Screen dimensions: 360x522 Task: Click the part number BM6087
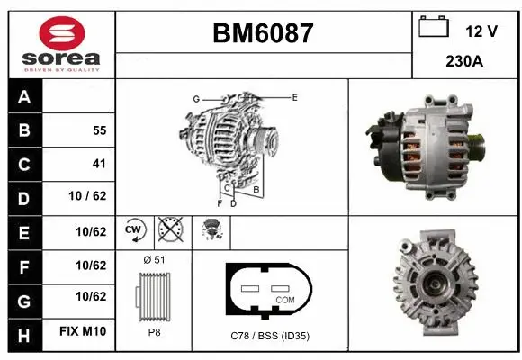pos(263,33)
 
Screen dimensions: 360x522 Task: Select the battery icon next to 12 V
pos(434,28)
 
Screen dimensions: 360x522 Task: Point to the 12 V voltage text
pos(481,31)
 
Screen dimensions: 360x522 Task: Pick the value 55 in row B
pos(99,130)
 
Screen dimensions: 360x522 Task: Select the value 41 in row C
pos(99,164)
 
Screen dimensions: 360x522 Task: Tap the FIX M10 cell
pos(83,332)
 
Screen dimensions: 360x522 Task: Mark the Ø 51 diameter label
pos(153,259)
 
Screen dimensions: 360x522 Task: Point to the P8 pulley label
pos(153,332)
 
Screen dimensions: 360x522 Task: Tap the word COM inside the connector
pos(284,299)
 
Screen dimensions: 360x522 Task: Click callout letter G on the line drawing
pos(195,98)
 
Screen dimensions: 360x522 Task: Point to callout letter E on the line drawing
pos(294,96)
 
